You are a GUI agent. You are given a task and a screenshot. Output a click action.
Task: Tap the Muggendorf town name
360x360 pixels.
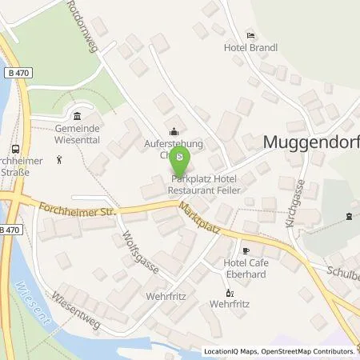click(x=309, y=142)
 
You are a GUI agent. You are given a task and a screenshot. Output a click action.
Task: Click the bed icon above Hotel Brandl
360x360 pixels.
click(x=250, y=35)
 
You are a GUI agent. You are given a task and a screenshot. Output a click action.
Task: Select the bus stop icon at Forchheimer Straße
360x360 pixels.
click(x=15, y=147)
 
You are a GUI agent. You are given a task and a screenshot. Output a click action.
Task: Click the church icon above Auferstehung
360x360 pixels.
click(x=174, y=132)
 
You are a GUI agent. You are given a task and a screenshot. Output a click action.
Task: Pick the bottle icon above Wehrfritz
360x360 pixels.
click(x=225, y=291)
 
